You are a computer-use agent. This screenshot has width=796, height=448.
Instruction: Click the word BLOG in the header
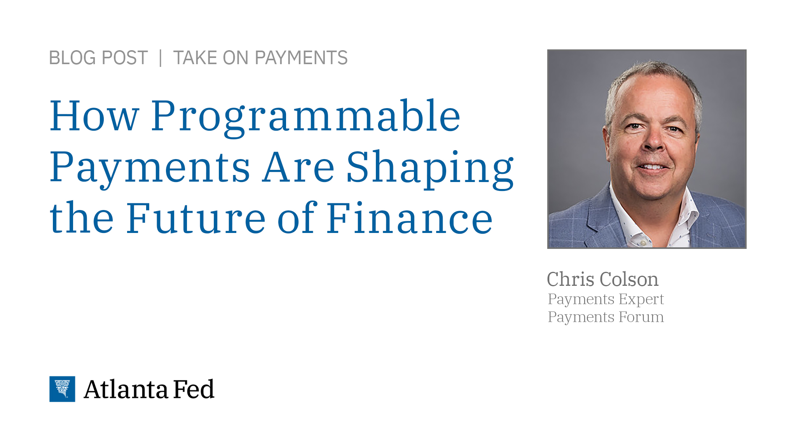pos(73,58)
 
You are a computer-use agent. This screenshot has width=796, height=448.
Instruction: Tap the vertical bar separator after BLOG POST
pos(161,58)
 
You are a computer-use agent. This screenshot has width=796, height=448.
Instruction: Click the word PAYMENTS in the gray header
pos(301,58)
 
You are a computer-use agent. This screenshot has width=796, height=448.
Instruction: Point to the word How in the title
pos(94,116)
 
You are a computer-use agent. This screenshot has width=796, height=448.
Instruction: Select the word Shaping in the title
pos(430,168)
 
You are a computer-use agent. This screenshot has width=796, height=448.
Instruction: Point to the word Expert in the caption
pos(641,299)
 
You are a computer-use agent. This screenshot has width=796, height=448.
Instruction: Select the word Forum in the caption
pos(641,317)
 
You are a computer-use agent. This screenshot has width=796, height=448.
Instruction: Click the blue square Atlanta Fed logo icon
pos(62,389)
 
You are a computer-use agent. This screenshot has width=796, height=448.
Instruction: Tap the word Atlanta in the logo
pos(126,389)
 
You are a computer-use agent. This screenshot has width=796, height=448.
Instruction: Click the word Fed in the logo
pos(194,389)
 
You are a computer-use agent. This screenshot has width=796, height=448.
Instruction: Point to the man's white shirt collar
pos(684,210)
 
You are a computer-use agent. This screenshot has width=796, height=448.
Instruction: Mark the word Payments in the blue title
pos(150,168)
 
